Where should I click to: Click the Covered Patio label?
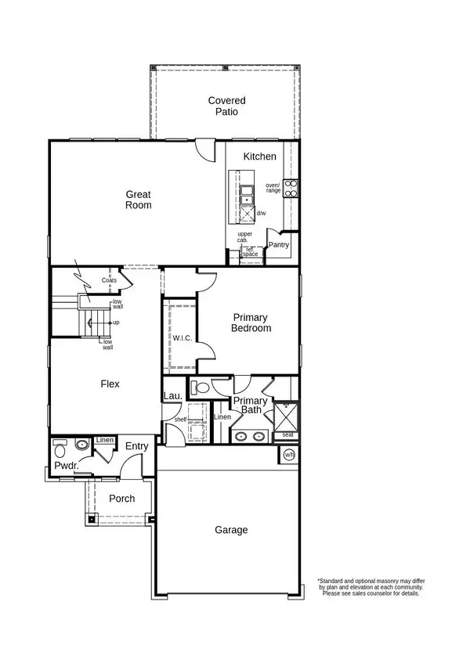[x=226, y=106]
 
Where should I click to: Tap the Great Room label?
[x=139, y=200]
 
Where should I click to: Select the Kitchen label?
[x=259, y=157]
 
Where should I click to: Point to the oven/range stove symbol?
[x=291, y=188]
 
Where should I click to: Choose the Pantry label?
[x=278, y=245]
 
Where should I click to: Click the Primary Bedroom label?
[x=251, y=322]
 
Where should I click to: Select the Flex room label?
[x=110, y=384]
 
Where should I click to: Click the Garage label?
[x=231, y=530]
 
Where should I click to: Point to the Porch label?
[x=121, y=499]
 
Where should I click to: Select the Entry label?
[x=136, y=446]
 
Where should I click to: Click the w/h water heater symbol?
[x=288, y=455]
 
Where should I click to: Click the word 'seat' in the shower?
[x=287, y=435]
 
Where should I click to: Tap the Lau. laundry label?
[x=172, y=396]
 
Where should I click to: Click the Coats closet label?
[x=109, y=280]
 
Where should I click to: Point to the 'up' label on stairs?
[x=116, y=322]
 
